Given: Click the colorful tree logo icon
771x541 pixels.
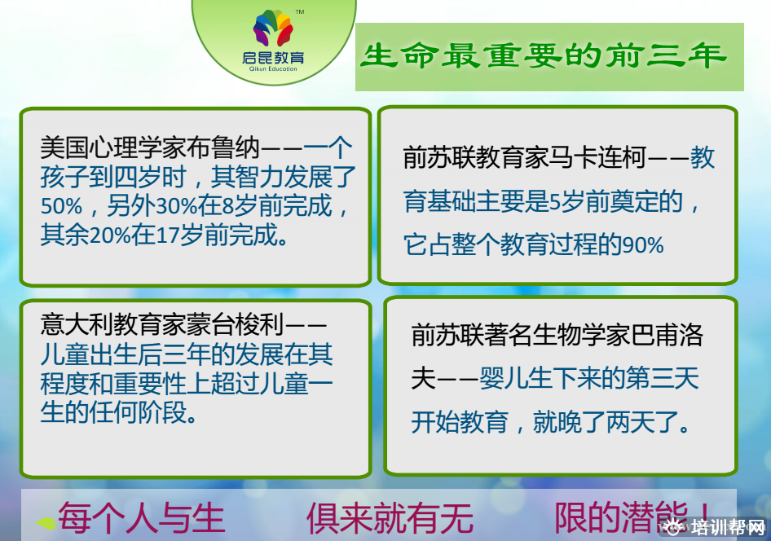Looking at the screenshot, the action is pos(273,28).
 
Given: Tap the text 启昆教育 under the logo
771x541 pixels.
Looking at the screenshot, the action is pos(273,58).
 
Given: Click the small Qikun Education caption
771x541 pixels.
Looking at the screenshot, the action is pos(273,69).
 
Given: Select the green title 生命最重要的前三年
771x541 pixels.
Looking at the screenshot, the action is pos(544,55).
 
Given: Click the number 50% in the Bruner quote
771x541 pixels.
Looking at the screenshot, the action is pos(61,206).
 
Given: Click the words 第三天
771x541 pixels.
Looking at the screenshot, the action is pos(663,378).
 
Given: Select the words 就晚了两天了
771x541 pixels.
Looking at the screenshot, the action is pos(606,422).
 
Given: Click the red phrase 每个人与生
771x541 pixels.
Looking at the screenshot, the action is pos(142,518).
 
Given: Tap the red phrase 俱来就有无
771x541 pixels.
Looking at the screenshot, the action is pos(390,518).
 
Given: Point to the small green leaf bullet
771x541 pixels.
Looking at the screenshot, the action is pos(46,523).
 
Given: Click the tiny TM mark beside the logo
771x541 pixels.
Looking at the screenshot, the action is pos(299,11).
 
